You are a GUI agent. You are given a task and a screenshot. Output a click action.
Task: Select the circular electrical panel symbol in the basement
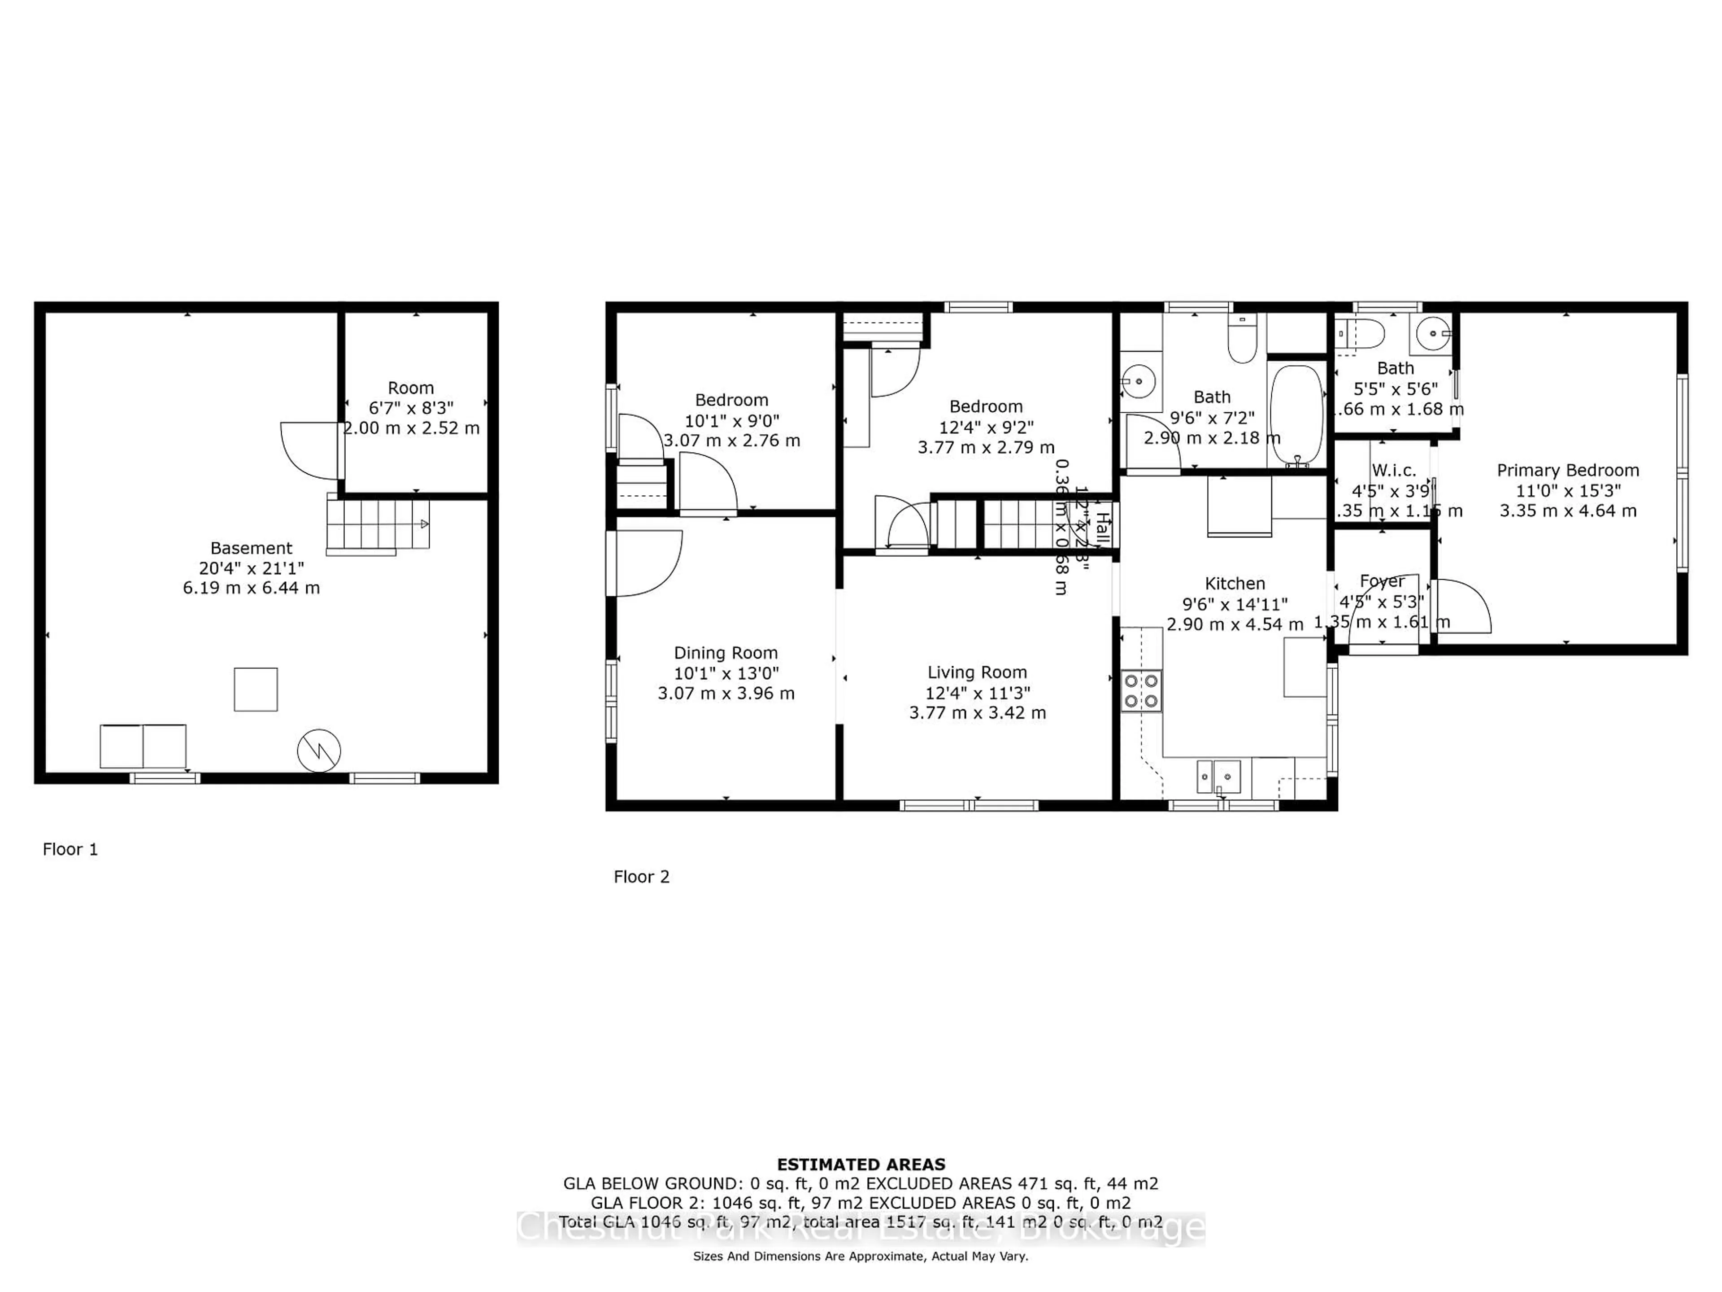click(318, 751)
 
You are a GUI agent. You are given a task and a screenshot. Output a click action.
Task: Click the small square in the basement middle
click(255, 689)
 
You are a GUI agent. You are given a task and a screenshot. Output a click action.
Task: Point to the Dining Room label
click(726, 653)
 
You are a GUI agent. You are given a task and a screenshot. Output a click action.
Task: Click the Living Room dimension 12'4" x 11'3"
click(977, 692)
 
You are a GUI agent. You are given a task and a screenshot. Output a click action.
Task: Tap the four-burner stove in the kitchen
click(1141, 691)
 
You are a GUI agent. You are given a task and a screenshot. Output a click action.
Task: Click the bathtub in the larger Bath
click(1296, 415)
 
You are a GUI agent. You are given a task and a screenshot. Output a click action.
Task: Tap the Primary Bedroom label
click(1567, 471)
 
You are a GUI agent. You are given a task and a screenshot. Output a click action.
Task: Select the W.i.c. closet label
click(1393, 471)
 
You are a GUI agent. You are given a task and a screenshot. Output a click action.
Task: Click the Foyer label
click(1382, 581)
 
